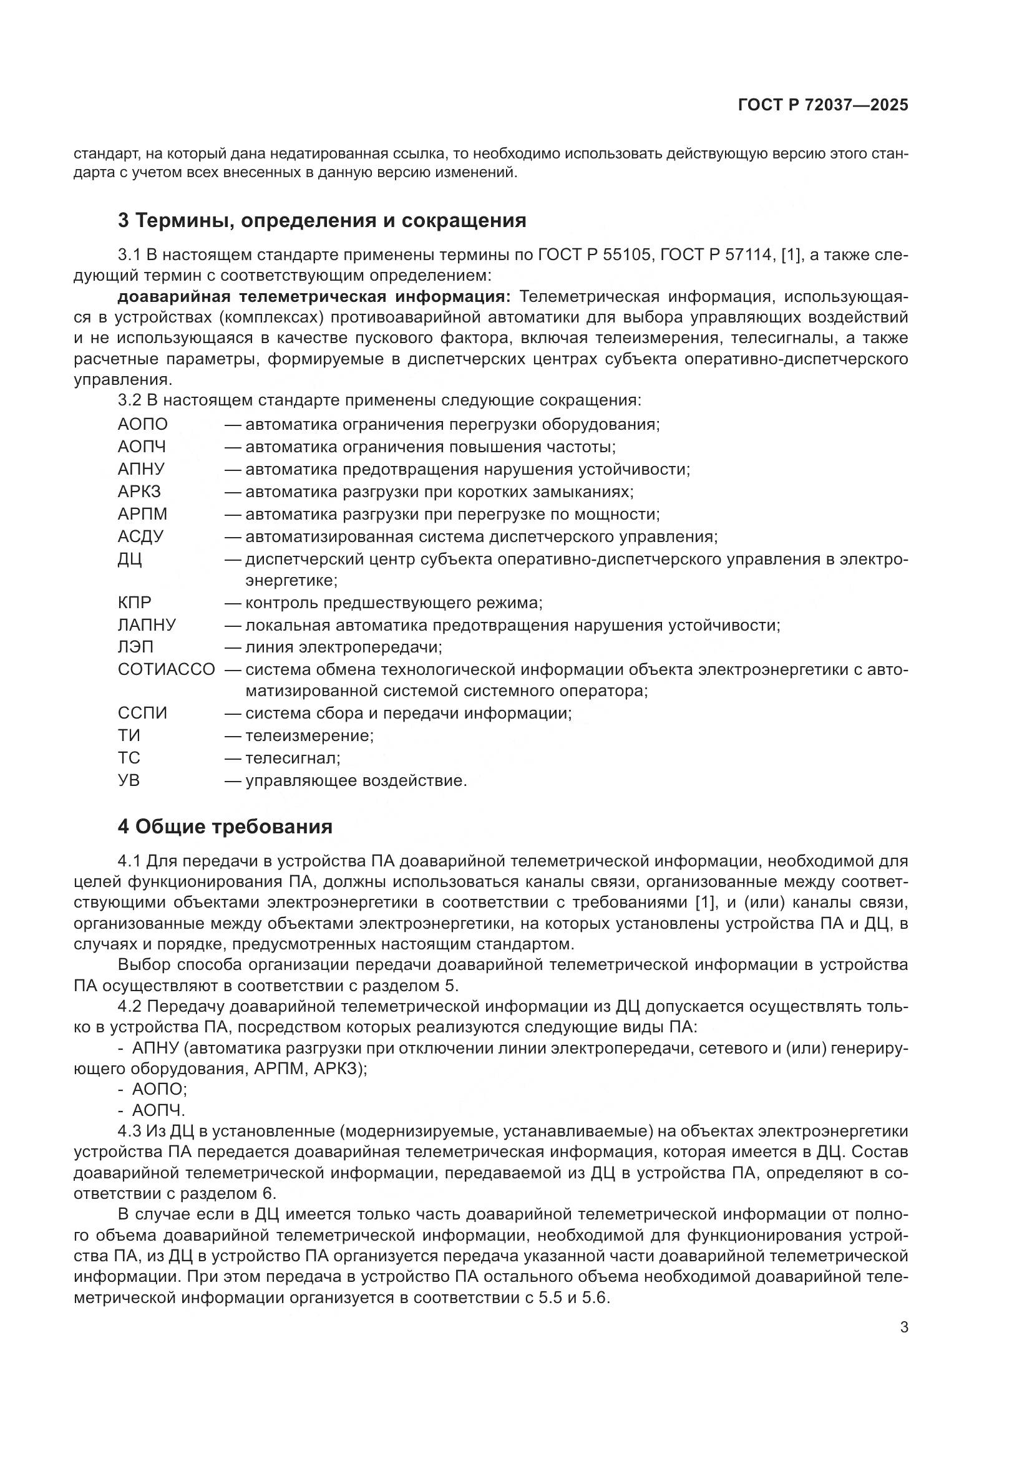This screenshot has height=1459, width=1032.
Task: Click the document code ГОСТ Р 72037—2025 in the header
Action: coord(823,105)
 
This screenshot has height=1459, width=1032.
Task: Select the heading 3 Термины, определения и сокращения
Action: coord(322,220)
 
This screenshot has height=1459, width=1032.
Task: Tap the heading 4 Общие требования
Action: coord(225,826)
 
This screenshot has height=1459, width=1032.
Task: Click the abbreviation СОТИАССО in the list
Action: coord(167,669)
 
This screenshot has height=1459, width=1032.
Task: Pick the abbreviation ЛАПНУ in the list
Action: coord(147,624)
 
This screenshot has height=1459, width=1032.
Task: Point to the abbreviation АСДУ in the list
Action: coord(140,536)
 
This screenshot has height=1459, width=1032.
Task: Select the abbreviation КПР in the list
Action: coord(135,603)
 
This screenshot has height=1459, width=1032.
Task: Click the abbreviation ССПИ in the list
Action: coord(142,713)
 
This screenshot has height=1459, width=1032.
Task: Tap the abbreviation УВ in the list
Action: coord(129,780)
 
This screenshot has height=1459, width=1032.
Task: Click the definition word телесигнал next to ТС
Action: coord(291,757)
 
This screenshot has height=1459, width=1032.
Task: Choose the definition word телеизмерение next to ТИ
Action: coord(308,735)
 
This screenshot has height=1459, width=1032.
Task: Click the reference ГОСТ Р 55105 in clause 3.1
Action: coord(595,255)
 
